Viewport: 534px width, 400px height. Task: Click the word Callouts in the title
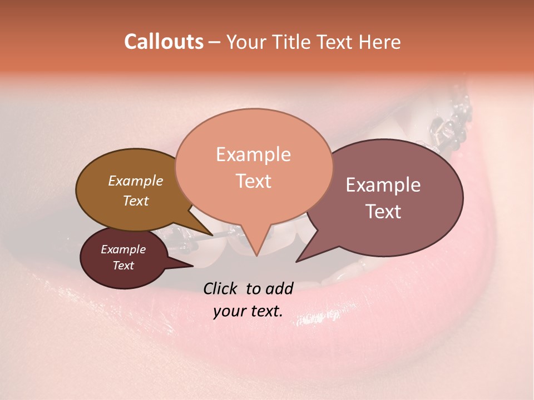tap(164, 42)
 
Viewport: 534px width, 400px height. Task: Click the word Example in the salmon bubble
tap(253, 154)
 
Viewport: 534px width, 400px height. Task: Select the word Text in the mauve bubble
tap(383, 212)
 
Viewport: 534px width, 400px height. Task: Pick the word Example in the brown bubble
tap(135, 181)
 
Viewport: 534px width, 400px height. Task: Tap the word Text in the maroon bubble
tap(123, 266)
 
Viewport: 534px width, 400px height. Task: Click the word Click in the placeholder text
tap(222, 288)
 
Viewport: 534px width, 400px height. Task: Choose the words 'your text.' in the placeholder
tap(248, 312)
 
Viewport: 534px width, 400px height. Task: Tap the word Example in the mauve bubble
tap(383, 185)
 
